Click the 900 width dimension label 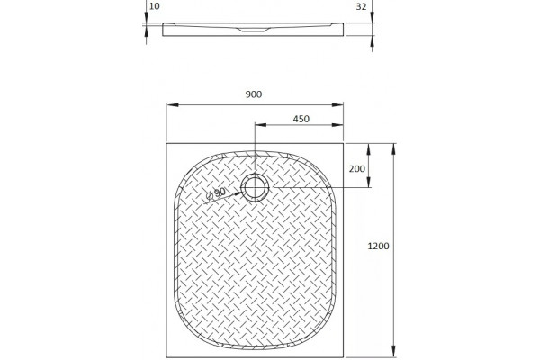254,94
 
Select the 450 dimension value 301,119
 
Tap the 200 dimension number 356,169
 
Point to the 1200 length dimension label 379,246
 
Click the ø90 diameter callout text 216,193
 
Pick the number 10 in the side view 155,6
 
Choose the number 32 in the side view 361,6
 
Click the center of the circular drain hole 255,187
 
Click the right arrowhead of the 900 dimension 337,104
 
